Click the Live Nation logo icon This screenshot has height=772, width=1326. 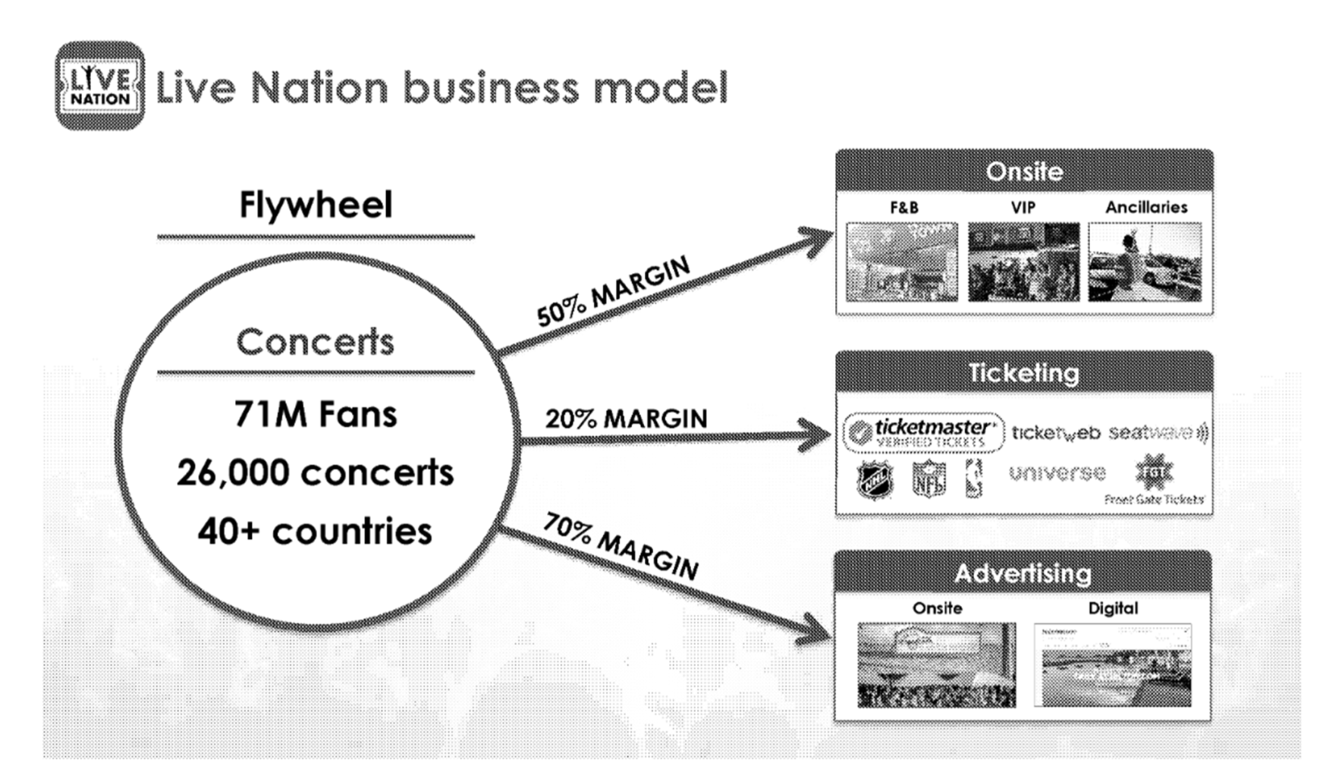click(x=100, y=86)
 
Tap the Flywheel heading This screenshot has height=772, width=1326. click(x=316, y=205)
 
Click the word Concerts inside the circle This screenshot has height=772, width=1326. click(x=316, y=342)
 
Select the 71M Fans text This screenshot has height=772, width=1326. click(x=316, y=415)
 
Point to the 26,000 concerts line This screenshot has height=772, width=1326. click(x=316, y=473)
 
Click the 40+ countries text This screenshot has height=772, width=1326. click(x=316, y=532)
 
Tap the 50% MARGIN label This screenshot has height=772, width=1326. click(x=613, y=291)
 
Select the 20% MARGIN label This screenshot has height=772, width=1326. click(x=626, y=419)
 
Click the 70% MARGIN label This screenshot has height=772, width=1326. click(x=621, y=546)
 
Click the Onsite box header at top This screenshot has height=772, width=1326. click(x=1024, y=171)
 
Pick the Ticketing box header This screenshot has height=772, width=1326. click(x=1024, y=373)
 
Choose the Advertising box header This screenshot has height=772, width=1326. click(x=1023, y=573)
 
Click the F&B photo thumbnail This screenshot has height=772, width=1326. click(x=902, y=262)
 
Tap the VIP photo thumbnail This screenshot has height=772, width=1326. click(x=1023, y=262)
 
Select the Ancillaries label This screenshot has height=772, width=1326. click(x=1145, y=207)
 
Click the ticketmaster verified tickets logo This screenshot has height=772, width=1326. click(x=923, y=432)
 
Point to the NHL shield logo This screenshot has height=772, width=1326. click(x=875, y=480)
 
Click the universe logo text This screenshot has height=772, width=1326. click(x=1057, y=473)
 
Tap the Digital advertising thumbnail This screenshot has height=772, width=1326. click(x=1113, y=665)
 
